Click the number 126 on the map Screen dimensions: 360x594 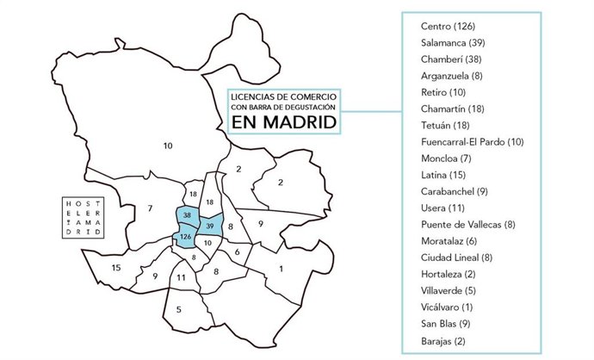(x=184, y=237)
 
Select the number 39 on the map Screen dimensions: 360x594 (x=211, y=226)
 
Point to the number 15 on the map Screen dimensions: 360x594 (x=115, y=268)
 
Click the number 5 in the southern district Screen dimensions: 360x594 (x=178, y=309)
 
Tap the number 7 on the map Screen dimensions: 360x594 (x=150, y=208)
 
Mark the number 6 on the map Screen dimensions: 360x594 (x=237, y=251)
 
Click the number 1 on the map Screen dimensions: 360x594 (x=281, y=269)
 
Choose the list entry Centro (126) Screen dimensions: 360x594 (x=447, y=26)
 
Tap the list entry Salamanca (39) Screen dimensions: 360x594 (x=453, y=42)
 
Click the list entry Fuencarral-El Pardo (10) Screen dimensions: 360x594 (x=473, y=141)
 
